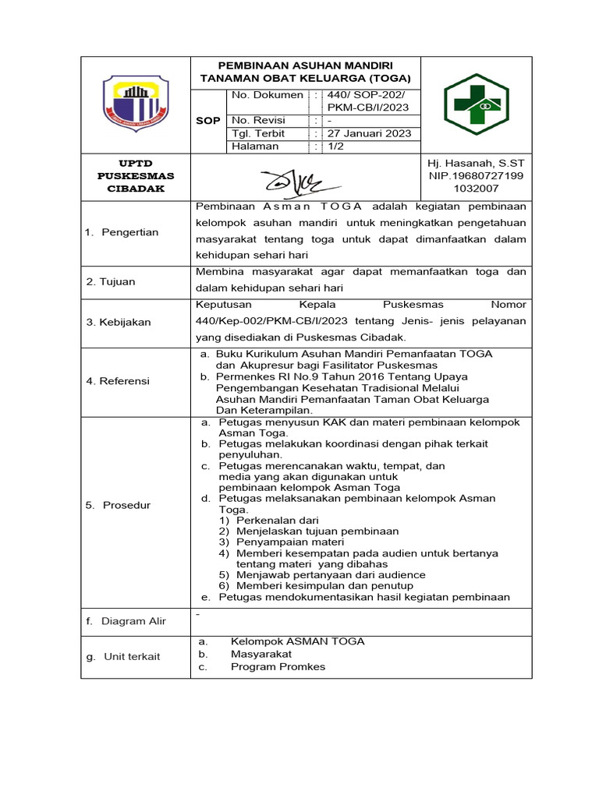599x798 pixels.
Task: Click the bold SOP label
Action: pyautogui.click(x=207, y=121)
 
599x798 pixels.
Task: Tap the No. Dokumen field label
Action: pyautogui.click(x=267, y=95)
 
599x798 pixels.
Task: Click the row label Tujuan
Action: pyautogui.click(x=112, y=281)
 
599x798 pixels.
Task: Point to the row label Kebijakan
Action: pyautogui.click(x=119, y=322)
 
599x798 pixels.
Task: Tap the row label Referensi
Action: pyautogui.click(x=118, y=381)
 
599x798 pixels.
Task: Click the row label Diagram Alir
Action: pyautogui.click(x=126, y=621)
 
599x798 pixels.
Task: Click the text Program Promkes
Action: pyautogui.click(x=278, y=666)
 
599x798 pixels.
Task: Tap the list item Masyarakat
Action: pyautogui.click(x=261, y=654)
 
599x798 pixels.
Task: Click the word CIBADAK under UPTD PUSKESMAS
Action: pyautogui.click(x=136, y=189)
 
